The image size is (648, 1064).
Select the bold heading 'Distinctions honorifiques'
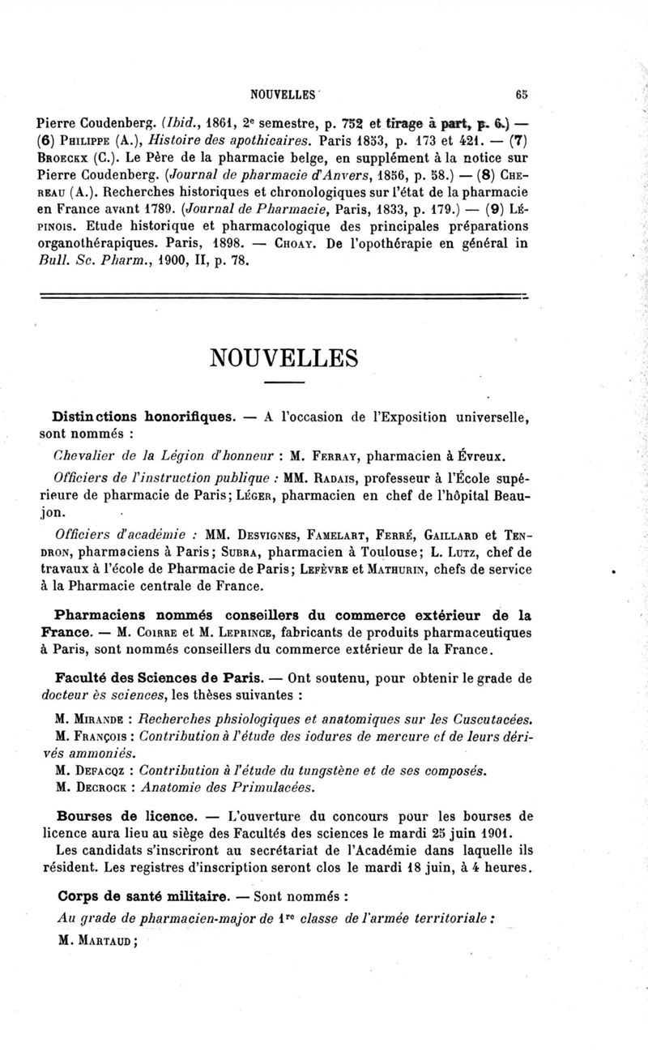tap(147, 418)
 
